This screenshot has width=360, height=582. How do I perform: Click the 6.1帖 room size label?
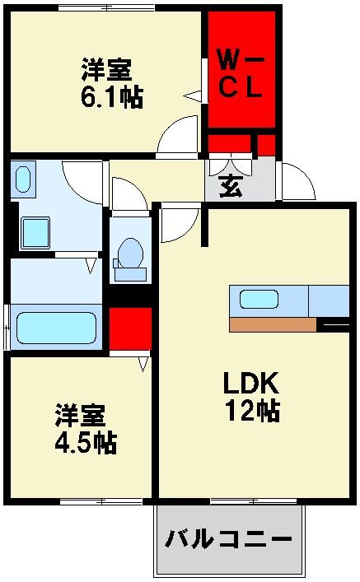(x=111, y=97)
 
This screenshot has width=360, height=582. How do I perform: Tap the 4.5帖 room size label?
(x=86, y=442)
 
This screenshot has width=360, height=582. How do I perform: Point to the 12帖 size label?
(x=252, y=409)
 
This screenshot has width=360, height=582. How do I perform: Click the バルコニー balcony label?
(x=229, y=540)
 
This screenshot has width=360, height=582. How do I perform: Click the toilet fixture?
(x=129, y=254)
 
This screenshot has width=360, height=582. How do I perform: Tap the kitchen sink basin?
(x=258, y=300)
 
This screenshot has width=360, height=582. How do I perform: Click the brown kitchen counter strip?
(x=273, y=325)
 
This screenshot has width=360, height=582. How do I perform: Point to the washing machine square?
(x=35, y=232)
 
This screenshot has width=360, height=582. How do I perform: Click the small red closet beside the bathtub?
(x=130, y=328)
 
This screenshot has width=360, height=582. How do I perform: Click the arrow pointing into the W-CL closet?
(x=193, y=96)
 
